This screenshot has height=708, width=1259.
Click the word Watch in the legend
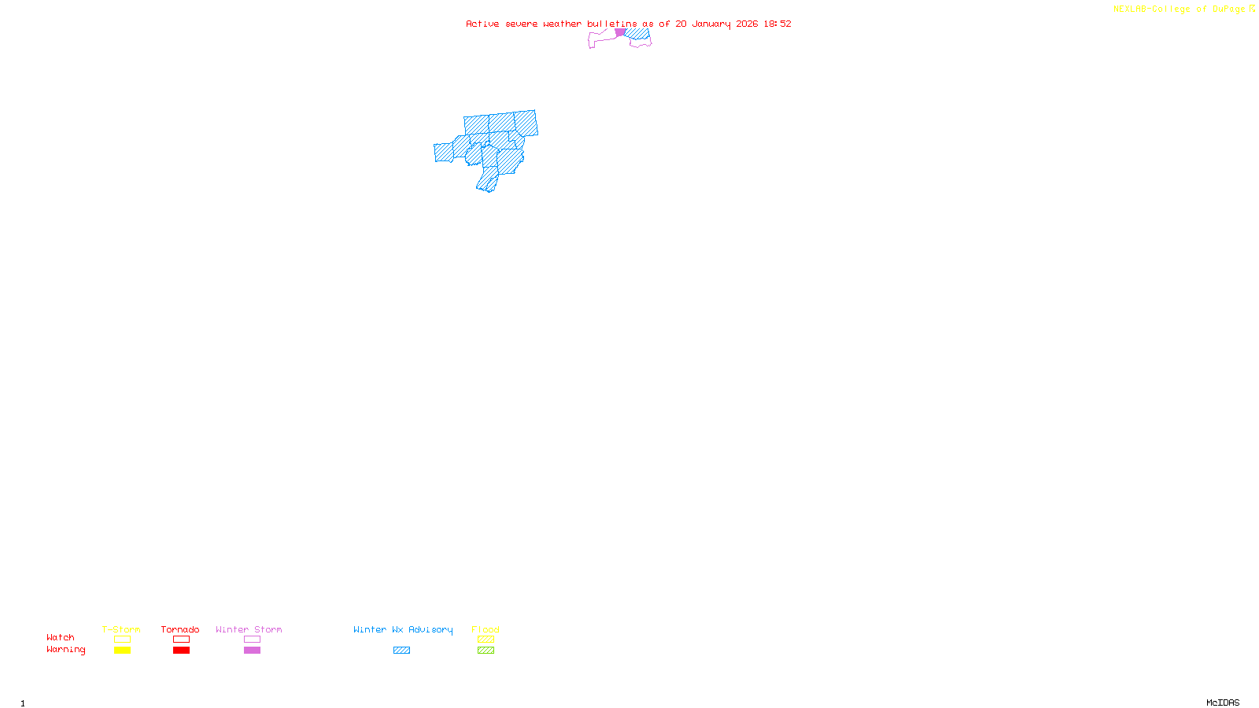tap(61, 638)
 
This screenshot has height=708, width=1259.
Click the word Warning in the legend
tap(66, 650)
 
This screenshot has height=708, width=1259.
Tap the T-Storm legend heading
tap(121, 629)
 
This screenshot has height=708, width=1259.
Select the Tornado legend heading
tap(180, 629)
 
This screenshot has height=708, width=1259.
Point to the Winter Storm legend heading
tap(249, 629)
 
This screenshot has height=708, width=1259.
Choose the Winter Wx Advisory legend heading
tap(403, 629)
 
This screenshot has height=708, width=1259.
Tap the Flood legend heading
tap(486, 629)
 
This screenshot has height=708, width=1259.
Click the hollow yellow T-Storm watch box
tap(122, 640)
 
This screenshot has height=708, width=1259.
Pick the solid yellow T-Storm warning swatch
tap(122, 651)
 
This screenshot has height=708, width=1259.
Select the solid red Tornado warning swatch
tap(181, 651)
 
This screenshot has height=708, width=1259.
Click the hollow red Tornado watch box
tap(181, 640)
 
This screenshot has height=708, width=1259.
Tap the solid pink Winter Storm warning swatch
tap(252, 651)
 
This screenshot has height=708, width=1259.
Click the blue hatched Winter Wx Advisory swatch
tap(401, 651)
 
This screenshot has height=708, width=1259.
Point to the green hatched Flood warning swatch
tap(486, 651)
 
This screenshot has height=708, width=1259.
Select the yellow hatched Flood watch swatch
tap(486, 640)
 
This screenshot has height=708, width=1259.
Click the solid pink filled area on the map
tap(620, 33)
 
